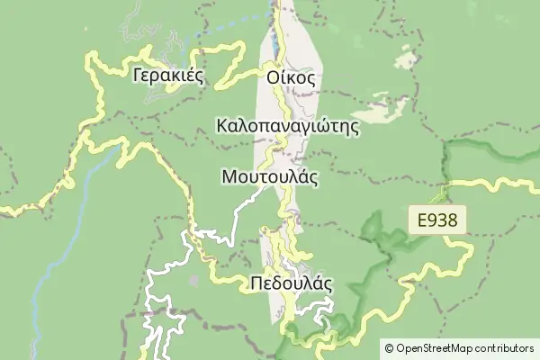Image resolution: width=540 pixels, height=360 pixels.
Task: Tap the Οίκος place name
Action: [291, 77]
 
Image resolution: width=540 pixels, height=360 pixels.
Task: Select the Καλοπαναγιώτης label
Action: [288, 126]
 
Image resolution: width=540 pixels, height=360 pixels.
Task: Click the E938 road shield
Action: [440, 220]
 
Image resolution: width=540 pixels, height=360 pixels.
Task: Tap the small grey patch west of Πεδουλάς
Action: [193, 280]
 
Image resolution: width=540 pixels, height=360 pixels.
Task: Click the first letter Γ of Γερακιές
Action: [137, 76]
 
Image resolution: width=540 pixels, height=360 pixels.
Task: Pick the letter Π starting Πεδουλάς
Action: [256, 283]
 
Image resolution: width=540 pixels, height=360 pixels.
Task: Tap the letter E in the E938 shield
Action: [422, 220]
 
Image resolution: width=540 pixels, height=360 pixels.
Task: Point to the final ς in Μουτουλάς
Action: [314, 178]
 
